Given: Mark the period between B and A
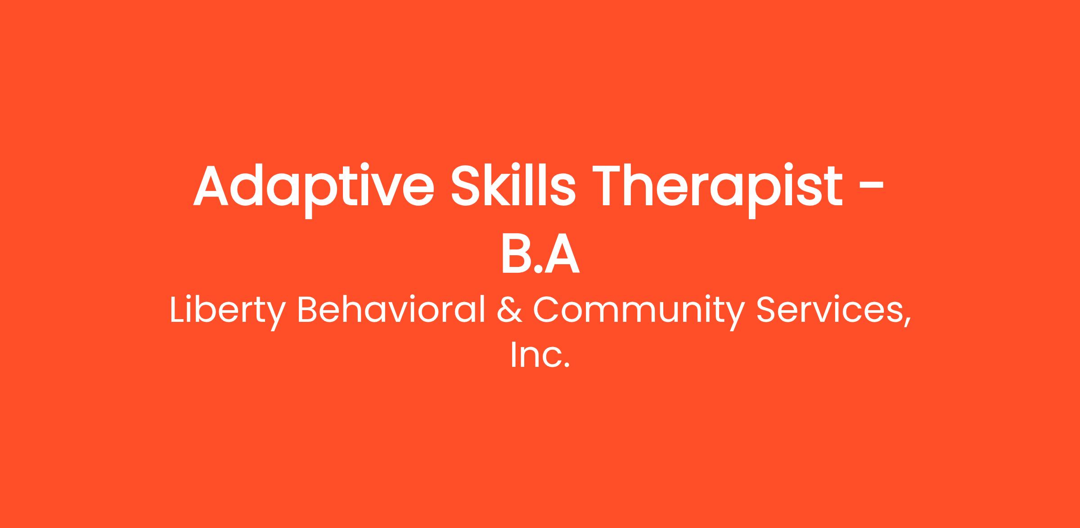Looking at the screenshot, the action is pos(538,269).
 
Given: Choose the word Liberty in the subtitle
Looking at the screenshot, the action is pos(228,311).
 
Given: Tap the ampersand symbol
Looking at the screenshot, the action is pos(510,310).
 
